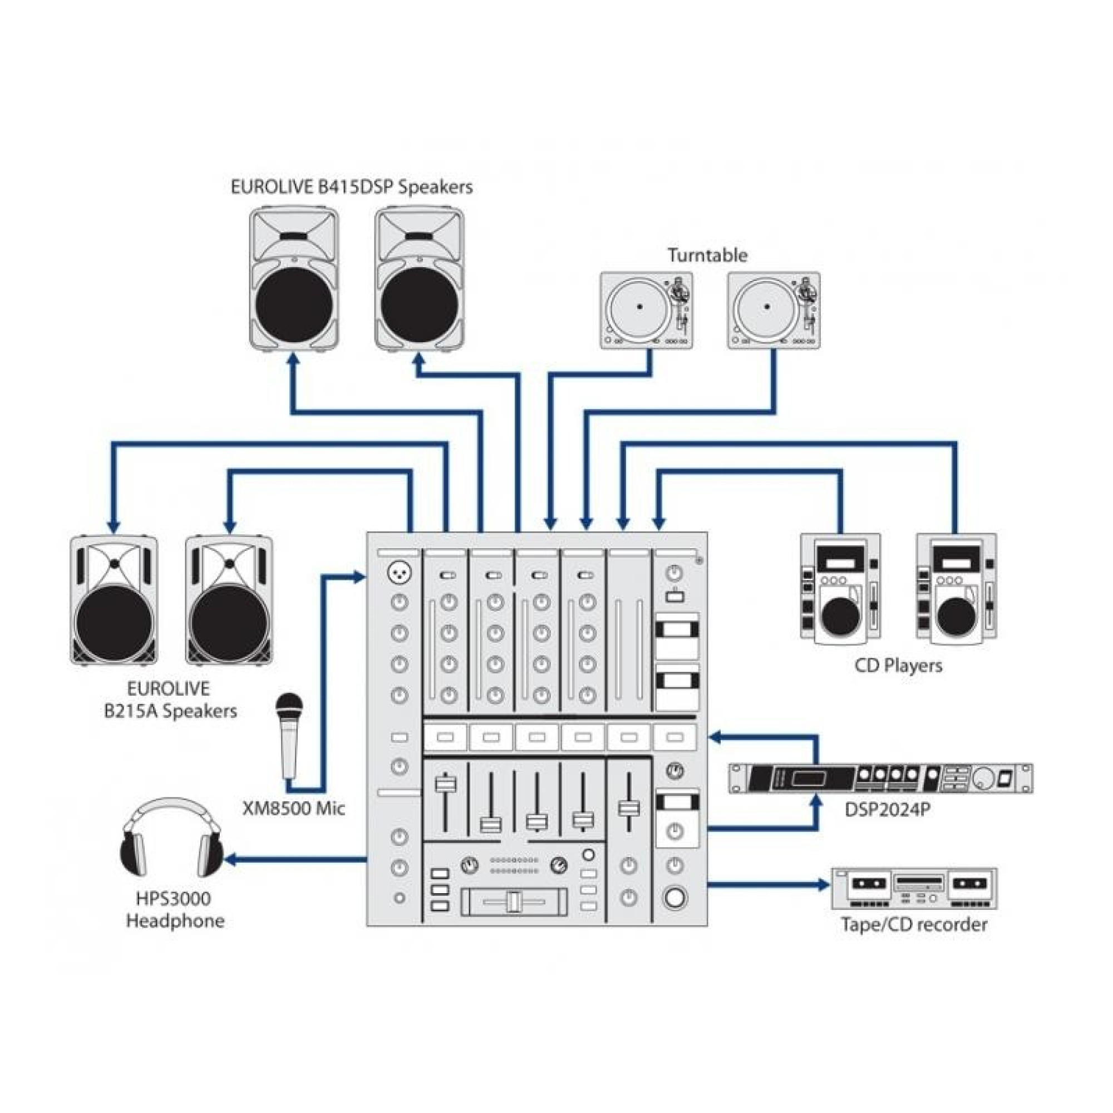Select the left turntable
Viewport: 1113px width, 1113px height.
(646, 311)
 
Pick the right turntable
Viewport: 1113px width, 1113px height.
(773, 311)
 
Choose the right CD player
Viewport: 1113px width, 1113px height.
(956, 588)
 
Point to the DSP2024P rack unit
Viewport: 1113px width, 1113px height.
(880, 779)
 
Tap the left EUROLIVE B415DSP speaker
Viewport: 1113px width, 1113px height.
(294, 280)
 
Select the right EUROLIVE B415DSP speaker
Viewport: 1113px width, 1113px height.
(420, 280)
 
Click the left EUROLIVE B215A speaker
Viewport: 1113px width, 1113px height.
(114, 600)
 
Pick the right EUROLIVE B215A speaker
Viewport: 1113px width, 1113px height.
(229, 600)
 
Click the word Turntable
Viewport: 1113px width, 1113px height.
(707, 255)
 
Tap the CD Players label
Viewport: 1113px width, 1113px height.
(898, 666)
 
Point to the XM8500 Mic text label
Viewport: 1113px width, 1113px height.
(293, 808)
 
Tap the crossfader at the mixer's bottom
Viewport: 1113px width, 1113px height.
(514, 902)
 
